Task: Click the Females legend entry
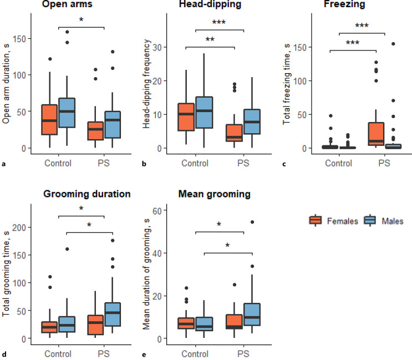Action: pos(334,221)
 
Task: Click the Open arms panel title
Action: pos(67,4)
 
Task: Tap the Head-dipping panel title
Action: pos(210,4)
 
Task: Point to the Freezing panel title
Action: pos(344,4)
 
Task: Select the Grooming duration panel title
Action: pos(87,194)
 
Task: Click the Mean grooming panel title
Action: pos(215,194)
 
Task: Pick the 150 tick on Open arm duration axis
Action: pos(20,39)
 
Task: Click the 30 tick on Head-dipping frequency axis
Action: pos(157,47)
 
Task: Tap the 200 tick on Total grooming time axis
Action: pos(19,227)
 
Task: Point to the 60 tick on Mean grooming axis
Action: pos(157,210)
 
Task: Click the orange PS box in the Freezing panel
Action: pos(376,134)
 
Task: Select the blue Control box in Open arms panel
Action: pos(67,113)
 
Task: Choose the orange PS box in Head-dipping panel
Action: pos(235,133)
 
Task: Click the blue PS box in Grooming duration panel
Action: pos(113,315)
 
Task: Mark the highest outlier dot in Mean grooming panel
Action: pos(252,222)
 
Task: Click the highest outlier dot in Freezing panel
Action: pos(393,44)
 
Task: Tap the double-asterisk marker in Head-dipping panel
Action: pos(210,40)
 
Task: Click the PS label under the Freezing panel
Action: pos(384,163)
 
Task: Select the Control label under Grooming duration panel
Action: pos(58,354)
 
